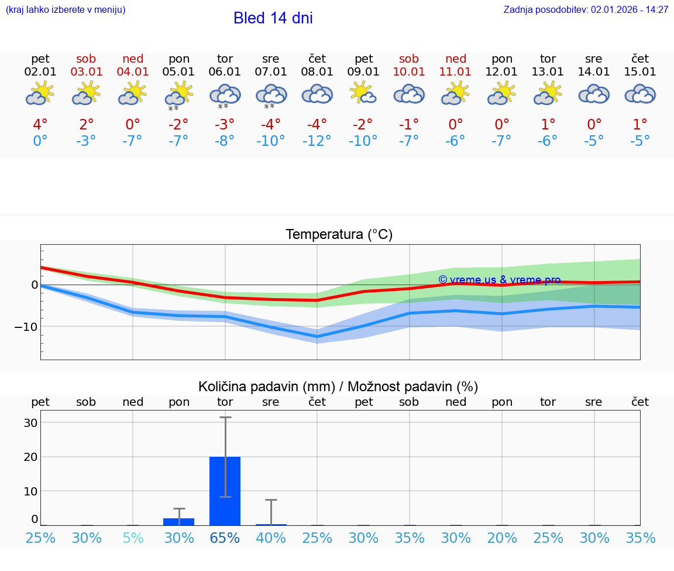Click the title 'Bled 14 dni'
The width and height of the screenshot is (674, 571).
click(273, 18)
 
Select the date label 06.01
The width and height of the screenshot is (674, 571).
click(225, 72)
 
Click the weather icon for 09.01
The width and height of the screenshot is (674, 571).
click(363, 94)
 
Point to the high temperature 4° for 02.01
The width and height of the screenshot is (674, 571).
click(40, 125)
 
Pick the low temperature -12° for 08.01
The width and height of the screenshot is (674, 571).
click(317, 141)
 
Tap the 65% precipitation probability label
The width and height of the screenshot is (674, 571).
click(225, 538)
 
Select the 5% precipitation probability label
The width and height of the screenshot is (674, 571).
click(133, 538)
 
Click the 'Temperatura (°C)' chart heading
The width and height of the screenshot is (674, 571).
click(339, 235)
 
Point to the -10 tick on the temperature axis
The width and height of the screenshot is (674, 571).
click(26, 326)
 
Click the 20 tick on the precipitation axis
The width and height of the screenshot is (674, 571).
click(30, 457)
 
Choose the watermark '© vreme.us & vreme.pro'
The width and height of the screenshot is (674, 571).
click(499, 280)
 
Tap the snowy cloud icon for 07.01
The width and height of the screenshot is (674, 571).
click(270, 96)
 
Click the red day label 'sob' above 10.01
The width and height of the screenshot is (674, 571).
click(409, 59)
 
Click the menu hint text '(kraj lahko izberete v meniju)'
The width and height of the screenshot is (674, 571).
click(66, 10)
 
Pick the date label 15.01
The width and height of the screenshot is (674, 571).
click(640, 72)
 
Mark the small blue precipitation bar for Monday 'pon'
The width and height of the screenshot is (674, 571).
click(178, 521)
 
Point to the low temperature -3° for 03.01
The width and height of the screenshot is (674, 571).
click(86, 141)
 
